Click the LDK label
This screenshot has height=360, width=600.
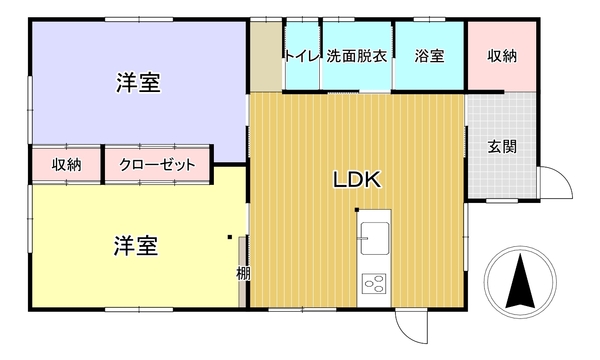pyautogui.click(x=357, y=179)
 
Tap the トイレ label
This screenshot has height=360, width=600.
pyautogui.click(x=302, y=56)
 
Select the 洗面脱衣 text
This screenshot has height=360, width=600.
pyautogui.click(x=357, y=56)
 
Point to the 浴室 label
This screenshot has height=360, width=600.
pyautogui.click(x=429, y=56)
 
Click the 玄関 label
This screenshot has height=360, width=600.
pyautogui.click(x=502, y=147)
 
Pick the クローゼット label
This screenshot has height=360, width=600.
pyautogui.click(x=157, y=165)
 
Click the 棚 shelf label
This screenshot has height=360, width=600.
pyautogui.click(x=243, y=274)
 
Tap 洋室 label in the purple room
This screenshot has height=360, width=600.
pyautogui.click(x=139, y=82)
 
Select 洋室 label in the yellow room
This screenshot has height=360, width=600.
pyautogui.click(x=136, y=246)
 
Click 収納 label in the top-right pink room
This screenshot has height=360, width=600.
pyautogui.click(x=502, y=56)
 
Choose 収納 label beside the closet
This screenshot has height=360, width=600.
pyautogui.click(x=67, y=165)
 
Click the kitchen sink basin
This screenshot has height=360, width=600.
pyautogui.click(x=375, y=238)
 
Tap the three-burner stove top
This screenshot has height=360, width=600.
pyautogui.click(x=374, y=284)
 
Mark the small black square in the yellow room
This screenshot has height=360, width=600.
pyautogui.click(x=230, y=237)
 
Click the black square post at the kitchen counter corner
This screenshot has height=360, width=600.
pyautogui.click(x=357, y=210)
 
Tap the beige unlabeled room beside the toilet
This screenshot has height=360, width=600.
pyautogui.click(x=266, y=56)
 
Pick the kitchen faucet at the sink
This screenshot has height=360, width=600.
pyautogui.click(x=362, y=238)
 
